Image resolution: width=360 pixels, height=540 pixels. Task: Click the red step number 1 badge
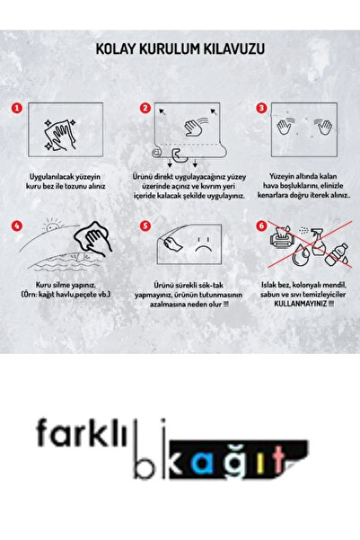tap(17, 108)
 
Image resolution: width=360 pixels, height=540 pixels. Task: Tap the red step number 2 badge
tap(145, 108)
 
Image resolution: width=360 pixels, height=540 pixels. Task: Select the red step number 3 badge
tap(261, 108)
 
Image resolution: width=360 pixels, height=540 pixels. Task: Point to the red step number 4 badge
tap(17, 226)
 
